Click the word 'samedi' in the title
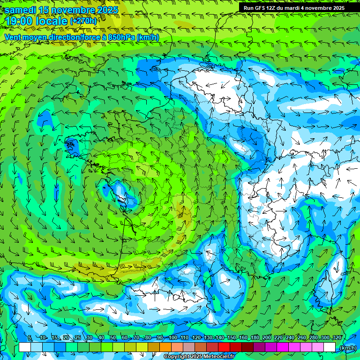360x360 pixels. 21,10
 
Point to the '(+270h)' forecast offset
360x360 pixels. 83,21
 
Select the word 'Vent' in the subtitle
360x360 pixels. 13,37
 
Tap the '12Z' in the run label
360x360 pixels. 276,8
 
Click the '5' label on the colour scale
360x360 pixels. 30,338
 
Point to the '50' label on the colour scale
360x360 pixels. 113,338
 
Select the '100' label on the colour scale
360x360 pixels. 172,338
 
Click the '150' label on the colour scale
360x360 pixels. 232,338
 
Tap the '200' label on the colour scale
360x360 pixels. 267,338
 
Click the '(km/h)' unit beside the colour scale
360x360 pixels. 348,347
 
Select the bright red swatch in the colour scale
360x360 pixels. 224,347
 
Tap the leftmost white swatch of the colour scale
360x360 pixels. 25,347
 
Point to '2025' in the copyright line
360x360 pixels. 195,357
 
